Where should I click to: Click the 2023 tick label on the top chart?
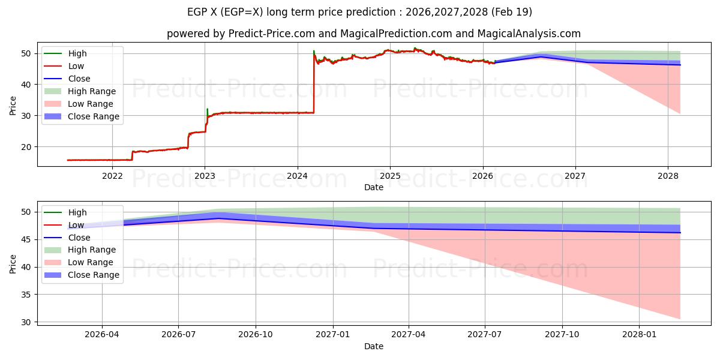(x=205, y=176)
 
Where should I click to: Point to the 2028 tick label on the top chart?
(x=668, y=176)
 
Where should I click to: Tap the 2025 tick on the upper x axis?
(x=390, y=176)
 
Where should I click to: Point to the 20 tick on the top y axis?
(x=27, y=147)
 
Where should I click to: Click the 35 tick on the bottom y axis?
(x=27, y=295)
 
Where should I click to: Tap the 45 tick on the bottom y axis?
(x=27, y=239)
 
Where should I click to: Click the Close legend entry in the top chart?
(x=79, y=79)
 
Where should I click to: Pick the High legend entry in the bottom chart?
(x=77, y=212)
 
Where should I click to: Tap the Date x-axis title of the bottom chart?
(x=373, y=346)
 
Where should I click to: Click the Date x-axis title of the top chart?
(x=373, y=187)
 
